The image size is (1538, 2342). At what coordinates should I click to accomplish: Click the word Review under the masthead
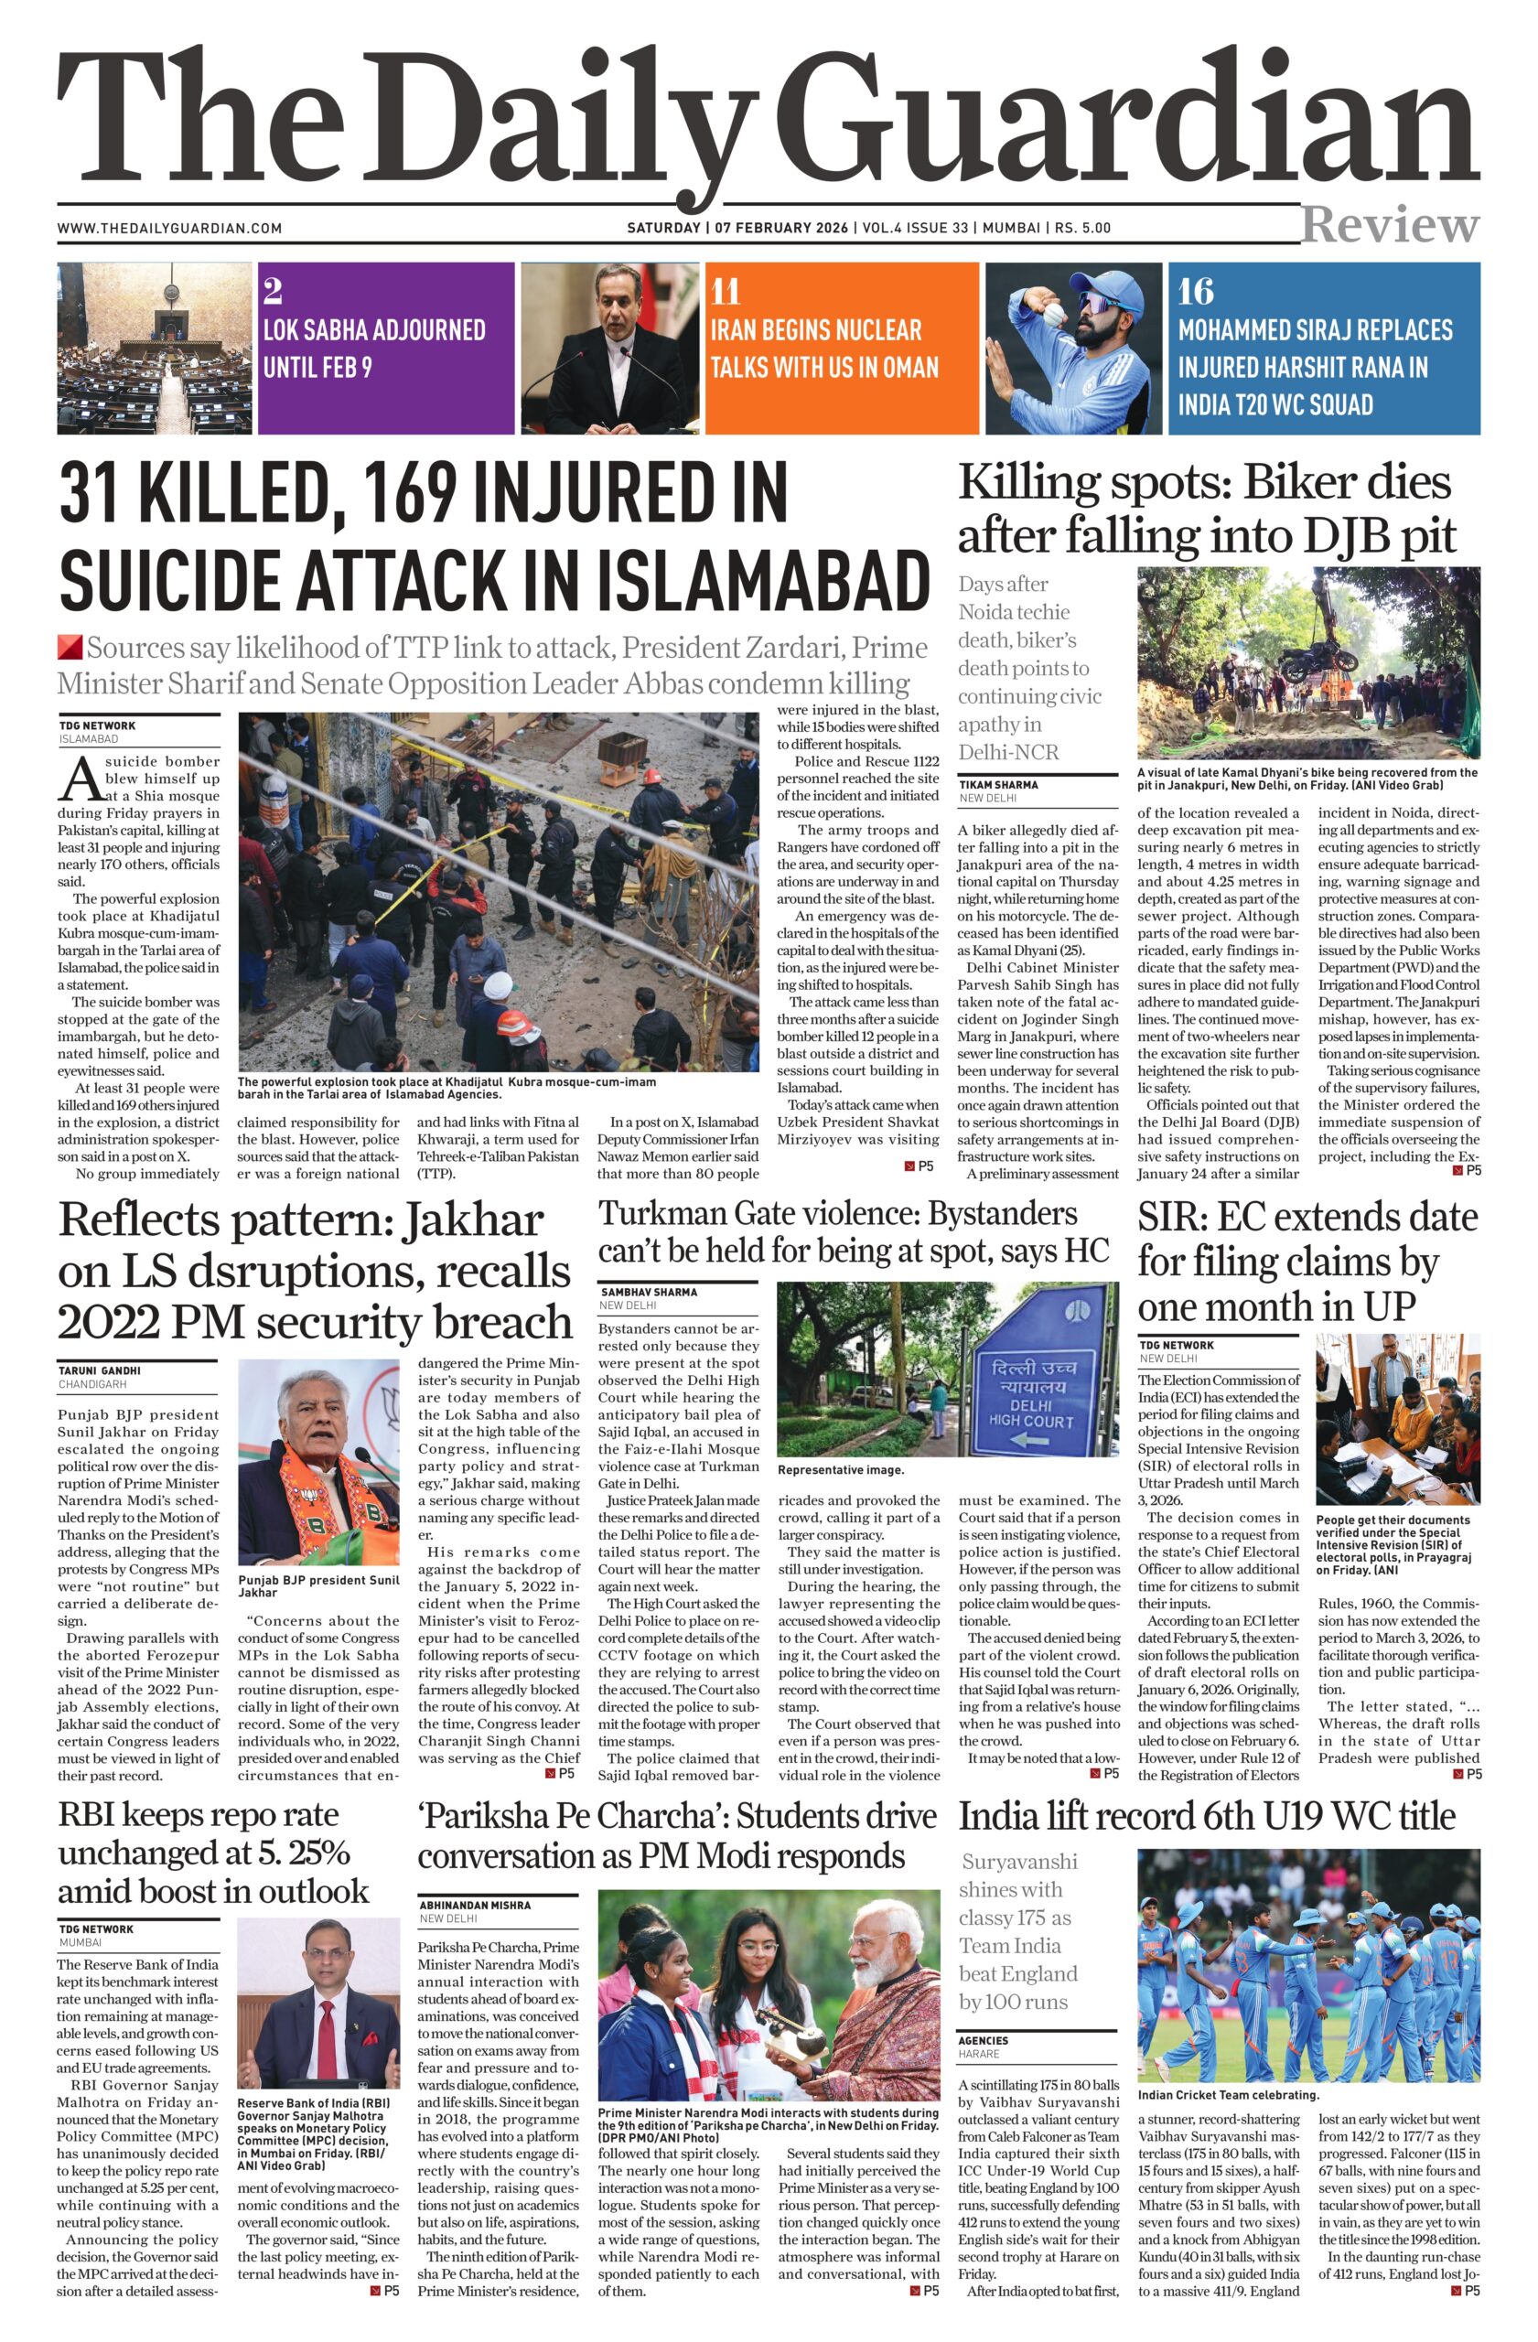coord(1390,225)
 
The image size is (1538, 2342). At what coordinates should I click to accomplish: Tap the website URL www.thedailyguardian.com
coord(169,229)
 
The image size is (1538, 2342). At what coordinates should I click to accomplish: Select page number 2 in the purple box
coord(273,291)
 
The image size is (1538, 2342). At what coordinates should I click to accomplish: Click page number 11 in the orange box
coord(726,291)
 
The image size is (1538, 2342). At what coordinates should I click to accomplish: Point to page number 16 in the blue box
coord(1196,291)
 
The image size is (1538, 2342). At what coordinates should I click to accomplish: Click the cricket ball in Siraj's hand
coord(1051,314)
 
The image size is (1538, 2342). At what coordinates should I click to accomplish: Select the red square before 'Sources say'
coord(69,648)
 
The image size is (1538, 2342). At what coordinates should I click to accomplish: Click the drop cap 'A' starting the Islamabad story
coord(79,779)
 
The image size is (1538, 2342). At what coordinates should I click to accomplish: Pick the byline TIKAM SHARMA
coord(998,784)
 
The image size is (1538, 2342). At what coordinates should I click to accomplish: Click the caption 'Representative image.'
coord(839,1470)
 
